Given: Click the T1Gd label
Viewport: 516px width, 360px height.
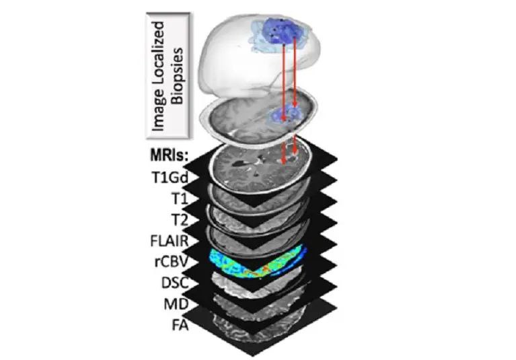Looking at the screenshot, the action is pos(170,178).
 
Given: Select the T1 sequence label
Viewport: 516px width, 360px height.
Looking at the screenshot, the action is pos(180,199).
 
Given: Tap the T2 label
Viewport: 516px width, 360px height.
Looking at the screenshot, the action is pos(180,220).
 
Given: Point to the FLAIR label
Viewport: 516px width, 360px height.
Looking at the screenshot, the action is pos(170,241).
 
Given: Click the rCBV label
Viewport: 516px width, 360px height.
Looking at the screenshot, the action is pos(172,262).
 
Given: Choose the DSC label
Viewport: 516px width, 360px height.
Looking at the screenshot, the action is pos(175,283).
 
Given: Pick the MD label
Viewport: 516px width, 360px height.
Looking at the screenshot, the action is pos(176,304).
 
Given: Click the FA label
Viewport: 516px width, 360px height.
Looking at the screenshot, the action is pos(180,326).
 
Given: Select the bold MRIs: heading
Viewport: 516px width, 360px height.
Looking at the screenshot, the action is pos(169,155).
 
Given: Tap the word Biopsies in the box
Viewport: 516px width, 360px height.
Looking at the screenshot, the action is pos(178,76).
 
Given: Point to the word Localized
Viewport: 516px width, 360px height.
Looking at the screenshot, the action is pos(159,54).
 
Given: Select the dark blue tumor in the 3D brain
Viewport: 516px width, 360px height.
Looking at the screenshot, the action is pos(281,30).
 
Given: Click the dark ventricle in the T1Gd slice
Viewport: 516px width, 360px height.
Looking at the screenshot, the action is pos(237,163).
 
